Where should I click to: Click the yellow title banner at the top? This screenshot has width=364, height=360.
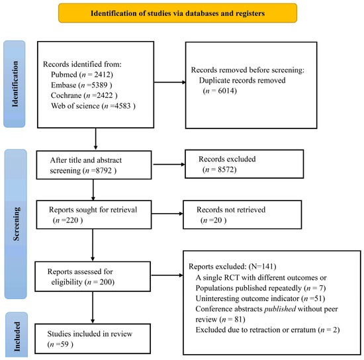(177, 13)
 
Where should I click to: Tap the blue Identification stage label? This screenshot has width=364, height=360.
(15, 84)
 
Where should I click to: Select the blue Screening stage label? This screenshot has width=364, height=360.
(16, 224)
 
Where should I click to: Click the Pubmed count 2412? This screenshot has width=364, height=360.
(103, 75)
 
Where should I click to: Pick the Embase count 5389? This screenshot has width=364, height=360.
(99, 85)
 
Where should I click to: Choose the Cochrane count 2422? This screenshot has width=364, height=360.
(105, 95)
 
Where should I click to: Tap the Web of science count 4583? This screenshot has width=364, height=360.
(122, 106)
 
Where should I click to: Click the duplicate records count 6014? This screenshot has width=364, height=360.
(226, 91)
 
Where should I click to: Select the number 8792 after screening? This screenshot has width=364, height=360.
(103, 171)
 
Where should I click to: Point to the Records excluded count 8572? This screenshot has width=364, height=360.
(226, 169)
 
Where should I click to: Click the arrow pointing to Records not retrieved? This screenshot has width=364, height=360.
(167, 214)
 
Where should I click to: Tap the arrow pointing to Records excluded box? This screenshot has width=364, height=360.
(169, 164)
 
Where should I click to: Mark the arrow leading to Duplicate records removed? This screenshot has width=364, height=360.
(170, 82)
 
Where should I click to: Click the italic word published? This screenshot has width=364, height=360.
(280, 309)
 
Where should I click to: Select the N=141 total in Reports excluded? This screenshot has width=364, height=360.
(262, 267)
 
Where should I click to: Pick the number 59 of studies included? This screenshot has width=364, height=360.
(64, 344)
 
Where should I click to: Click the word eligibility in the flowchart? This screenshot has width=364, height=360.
(67, 282)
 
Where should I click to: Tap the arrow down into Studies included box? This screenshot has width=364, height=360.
(93, 308)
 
